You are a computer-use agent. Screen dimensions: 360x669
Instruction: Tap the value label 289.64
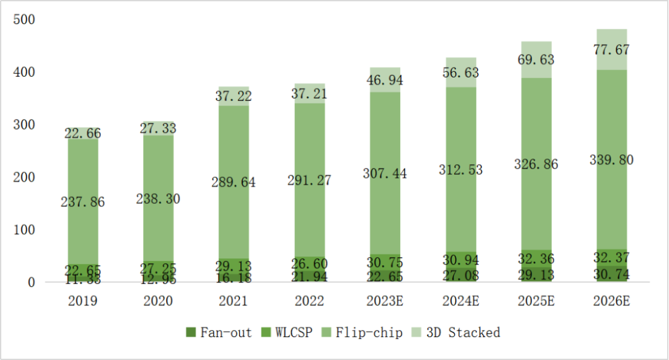(234, 183)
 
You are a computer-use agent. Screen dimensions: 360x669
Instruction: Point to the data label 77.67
(611, 50)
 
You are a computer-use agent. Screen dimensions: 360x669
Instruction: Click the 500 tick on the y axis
(24, 20)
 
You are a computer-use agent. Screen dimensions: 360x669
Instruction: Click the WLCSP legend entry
(291, 333)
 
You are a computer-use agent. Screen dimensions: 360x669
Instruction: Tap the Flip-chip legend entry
(362, 333)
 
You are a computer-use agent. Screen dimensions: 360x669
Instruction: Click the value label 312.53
(460, 170)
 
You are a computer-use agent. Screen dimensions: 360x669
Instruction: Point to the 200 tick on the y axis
(24, 178)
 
